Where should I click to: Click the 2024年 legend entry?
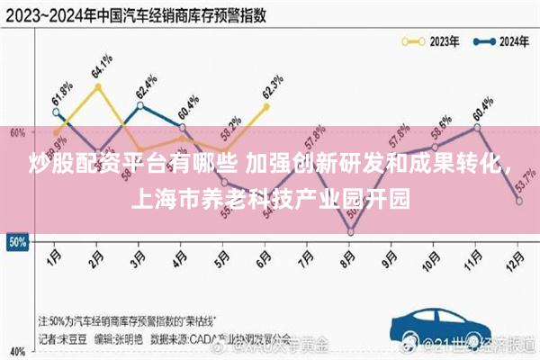[500, 40]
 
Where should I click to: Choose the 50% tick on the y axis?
[16, 242]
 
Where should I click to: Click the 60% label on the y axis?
[16, 133]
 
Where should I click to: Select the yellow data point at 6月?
[266, 106]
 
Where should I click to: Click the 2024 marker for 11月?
[477, 127]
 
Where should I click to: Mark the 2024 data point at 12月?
[519, 201]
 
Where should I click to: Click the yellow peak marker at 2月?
[98, 86]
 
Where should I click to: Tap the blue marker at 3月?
[140, 105]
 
